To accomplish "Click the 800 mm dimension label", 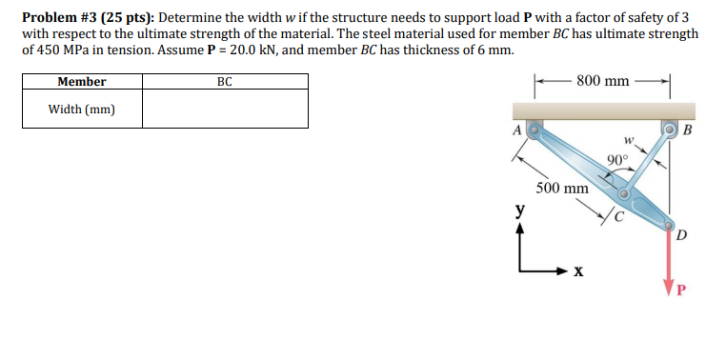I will [602, 82].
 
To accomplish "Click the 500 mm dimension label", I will [561, 188].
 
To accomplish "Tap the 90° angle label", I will [616, 159].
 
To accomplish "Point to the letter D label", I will [682, 233].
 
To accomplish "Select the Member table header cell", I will [82, 82].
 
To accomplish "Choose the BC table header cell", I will [225, 82].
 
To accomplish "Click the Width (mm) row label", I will [82, 110].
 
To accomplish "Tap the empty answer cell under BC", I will [225, 110].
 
